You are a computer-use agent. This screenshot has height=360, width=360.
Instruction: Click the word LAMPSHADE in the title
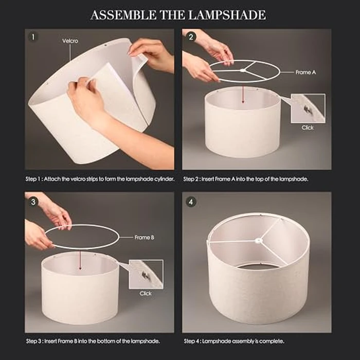click(x=227, y=15)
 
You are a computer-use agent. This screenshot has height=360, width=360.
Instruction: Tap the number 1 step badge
click(x=33, y=37)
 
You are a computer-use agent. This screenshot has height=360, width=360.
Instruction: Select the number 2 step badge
click(x=191, y=37)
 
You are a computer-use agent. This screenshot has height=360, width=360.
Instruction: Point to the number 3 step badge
click(x=33, y=202)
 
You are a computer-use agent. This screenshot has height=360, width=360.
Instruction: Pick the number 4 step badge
click(x=191, y=202)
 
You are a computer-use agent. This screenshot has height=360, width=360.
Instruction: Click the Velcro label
click(x=70, y=41)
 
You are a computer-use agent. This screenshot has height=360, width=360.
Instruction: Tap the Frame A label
click(x=305, y=73)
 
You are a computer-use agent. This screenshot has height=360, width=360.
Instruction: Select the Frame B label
click(x=145, y=238)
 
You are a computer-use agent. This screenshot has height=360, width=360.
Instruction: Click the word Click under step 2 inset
click(x=308, y=128)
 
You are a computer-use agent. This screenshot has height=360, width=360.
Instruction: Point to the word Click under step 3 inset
click(x=146, y=293)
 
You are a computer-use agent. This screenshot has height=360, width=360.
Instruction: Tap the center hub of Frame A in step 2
click(x=242, y=71)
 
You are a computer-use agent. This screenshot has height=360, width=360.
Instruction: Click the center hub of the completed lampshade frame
click(x=258, y=240)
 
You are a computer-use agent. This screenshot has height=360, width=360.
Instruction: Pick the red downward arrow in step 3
click(x=80, y=260)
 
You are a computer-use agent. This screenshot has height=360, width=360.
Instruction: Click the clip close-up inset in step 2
click(x=308, y=108)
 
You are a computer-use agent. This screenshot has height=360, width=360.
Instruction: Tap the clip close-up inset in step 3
click(x=146, y=274)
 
